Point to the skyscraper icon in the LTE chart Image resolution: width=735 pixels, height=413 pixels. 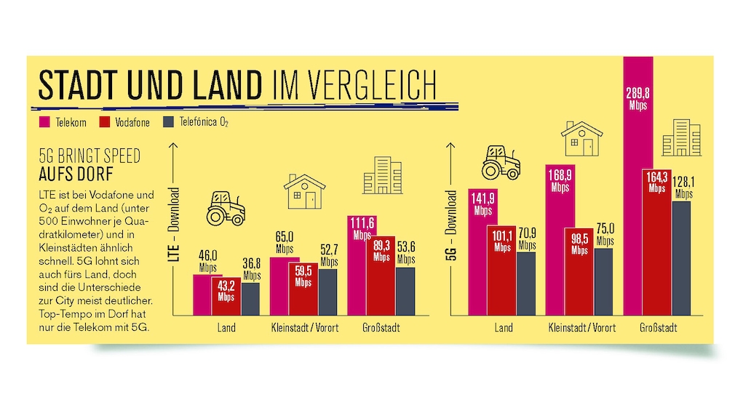(382, 175)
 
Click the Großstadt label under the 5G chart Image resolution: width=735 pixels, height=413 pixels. (658, 328)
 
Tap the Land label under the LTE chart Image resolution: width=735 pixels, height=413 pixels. (226, 328)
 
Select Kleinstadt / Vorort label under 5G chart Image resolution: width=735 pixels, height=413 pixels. (581, 328)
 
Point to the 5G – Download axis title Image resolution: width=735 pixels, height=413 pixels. (451, 236)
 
